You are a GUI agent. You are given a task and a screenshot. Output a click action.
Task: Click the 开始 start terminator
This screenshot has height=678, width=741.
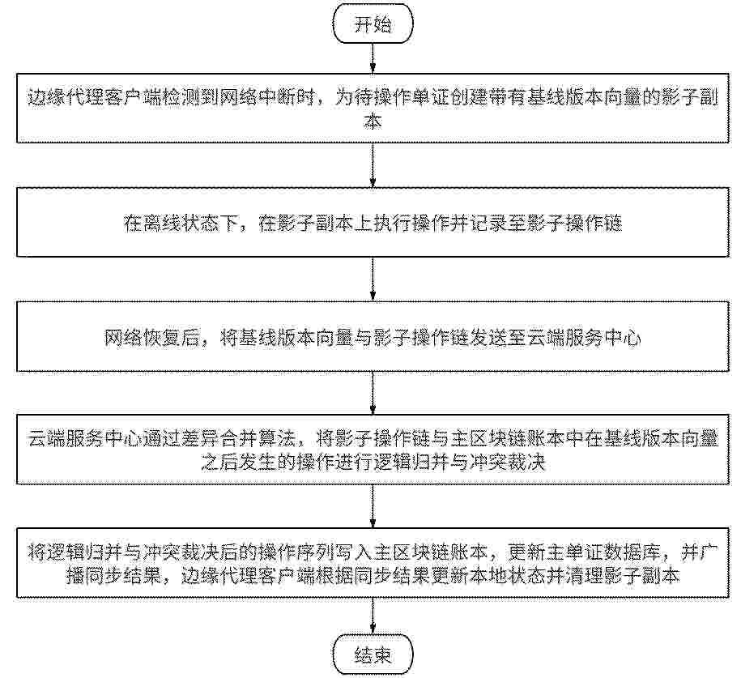(x=373, y=24)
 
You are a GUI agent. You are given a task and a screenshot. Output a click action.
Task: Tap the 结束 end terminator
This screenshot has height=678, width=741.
(x=373, y=655)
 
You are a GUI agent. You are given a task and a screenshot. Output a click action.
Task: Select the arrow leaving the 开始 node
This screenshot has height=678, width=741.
(x=373, y=58)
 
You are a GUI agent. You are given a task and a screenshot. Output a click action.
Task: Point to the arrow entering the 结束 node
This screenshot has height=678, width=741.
(x=373, y=617)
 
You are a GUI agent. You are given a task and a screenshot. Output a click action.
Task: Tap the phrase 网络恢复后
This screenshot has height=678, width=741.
(x=152, y=338)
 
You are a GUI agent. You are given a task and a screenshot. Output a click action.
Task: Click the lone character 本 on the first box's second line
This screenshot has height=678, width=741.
(x=373, y=121)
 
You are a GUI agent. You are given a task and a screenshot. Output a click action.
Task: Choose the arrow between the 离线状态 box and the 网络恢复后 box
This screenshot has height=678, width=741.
(x=373, y=279)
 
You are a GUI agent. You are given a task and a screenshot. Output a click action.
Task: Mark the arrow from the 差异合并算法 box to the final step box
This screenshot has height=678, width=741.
(x=373, y=506)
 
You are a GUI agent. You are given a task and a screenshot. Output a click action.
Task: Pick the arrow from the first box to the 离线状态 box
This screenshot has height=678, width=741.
(x=373, y=165)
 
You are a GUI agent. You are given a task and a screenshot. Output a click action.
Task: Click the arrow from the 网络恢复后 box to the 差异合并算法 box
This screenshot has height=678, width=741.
(x=373, y=393)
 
